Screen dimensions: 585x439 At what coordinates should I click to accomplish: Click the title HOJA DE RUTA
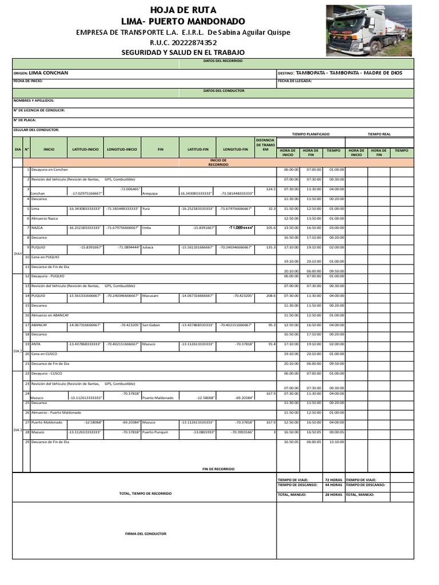coord(183,10)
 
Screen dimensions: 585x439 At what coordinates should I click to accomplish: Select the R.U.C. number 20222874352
coord(183,42)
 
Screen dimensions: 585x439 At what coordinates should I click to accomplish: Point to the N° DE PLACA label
coord(25,120)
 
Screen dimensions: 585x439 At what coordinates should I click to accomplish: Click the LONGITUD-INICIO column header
coord(122,150)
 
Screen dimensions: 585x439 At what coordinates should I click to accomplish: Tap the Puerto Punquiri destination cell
coord(158,432)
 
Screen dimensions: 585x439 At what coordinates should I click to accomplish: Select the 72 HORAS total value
coord(333,480)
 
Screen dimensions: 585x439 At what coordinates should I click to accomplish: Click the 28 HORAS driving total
coord(333,494)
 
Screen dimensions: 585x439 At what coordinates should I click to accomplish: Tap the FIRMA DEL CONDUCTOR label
coord(146,534)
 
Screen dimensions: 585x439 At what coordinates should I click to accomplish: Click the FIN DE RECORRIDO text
coord(218,468)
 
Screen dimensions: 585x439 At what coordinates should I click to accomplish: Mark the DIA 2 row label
coord(18,351)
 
